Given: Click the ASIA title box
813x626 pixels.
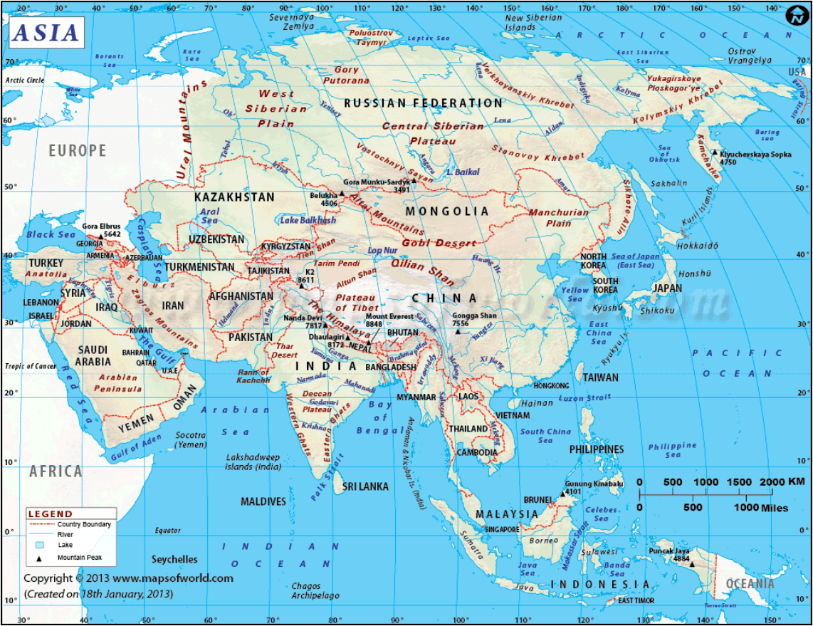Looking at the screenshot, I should (x=46, y=33).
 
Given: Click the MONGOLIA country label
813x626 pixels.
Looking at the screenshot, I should (x=447, y=212).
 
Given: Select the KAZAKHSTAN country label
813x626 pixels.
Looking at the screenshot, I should (x=234, y=197).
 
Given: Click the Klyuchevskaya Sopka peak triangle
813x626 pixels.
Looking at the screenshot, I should (x=715, y=152).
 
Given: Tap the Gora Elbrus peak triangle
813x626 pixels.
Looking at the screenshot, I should (x=90, y=236).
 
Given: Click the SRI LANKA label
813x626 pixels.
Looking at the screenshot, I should (x=365, y=486).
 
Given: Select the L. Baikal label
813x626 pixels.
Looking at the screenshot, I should (x=463, y=172).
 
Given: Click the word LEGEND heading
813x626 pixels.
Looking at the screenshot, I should (x=50, y=513).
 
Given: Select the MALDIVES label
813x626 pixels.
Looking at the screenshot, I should (x=263, y=502).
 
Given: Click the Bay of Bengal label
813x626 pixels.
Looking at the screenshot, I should (x=381, y=417).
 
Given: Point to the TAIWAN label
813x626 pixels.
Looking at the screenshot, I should (x=601, y=378).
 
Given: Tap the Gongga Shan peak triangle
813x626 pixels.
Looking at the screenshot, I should (x=458, y=331).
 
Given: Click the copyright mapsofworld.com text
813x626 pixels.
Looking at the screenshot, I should (x=128, y=578).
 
